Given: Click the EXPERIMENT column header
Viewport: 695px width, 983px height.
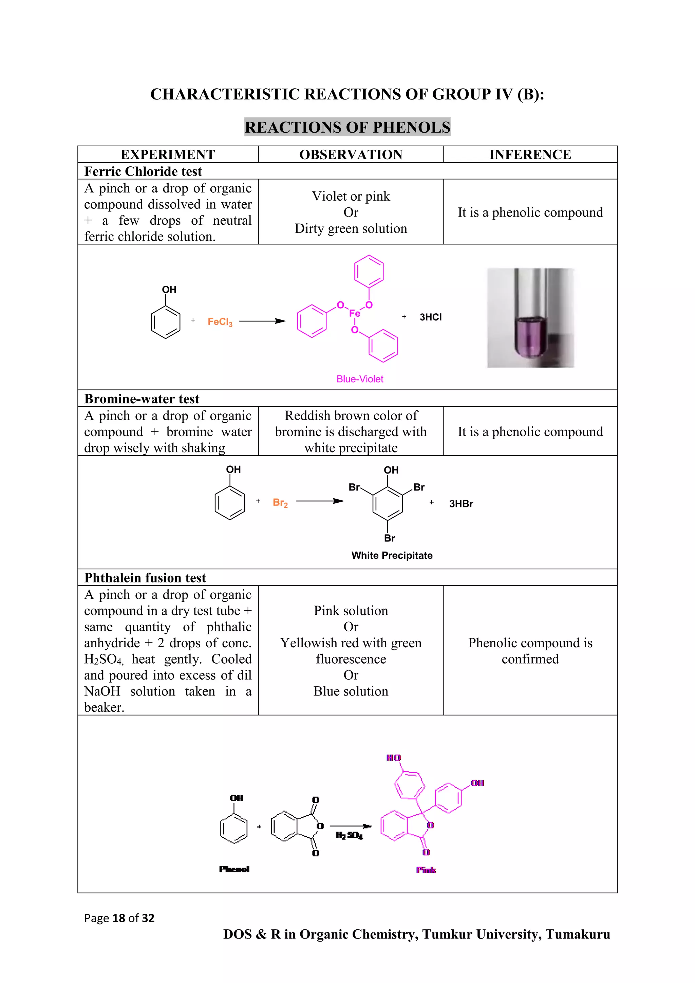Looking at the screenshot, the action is (x=168, y=154).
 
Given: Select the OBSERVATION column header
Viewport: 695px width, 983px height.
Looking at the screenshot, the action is (x=351, y=154).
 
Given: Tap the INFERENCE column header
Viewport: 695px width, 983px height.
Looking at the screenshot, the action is (x=530, y=154).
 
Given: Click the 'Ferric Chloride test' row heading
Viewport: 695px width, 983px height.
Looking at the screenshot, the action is (x=143, y=171).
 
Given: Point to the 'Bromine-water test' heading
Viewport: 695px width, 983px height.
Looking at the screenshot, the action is (x=142, y=398).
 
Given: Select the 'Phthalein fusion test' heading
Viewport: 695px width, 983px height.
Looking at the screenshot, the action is (x=145, y=578).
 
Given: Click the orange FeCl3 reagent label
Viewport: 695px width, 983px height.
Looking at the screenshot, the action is (x=220, y=322).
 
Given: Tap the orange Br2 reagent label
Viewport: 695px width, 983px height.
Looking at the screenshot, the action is (x=280, y=503).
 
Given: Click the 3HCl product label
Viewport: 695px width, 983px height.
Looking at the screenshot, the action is (x=431, y=317).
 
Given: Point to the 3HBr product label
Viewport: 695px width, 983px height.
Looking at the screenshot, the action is (x=461, y=504).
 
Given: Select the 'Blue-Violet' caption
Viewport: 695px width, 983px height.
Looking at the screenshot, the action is (x=360, y=379).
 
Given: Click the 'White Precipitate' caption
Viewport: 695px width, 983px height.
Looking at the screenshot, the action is (x=392, y=555).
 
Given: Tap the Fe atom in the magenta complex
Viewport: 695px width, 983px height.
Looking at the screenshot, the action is (x=354, y=313).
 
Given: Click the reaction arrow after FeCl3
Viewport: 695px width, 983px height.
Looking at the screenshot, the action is (x=262, y=321).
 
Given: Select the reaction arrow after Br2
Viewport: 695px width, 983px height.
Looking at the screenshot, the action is (x=320, y=501).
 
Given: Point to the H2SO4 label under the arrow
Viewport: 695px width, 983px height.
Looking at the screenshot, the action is (x=349, y=835).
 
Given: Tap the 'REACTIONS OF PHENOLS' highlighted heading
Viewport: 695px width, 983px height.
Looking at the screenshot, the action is (x=347, y=127).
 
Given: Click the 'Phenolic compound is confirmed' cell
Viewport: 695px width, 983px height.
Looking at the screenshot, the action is (x=530, y=651).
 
